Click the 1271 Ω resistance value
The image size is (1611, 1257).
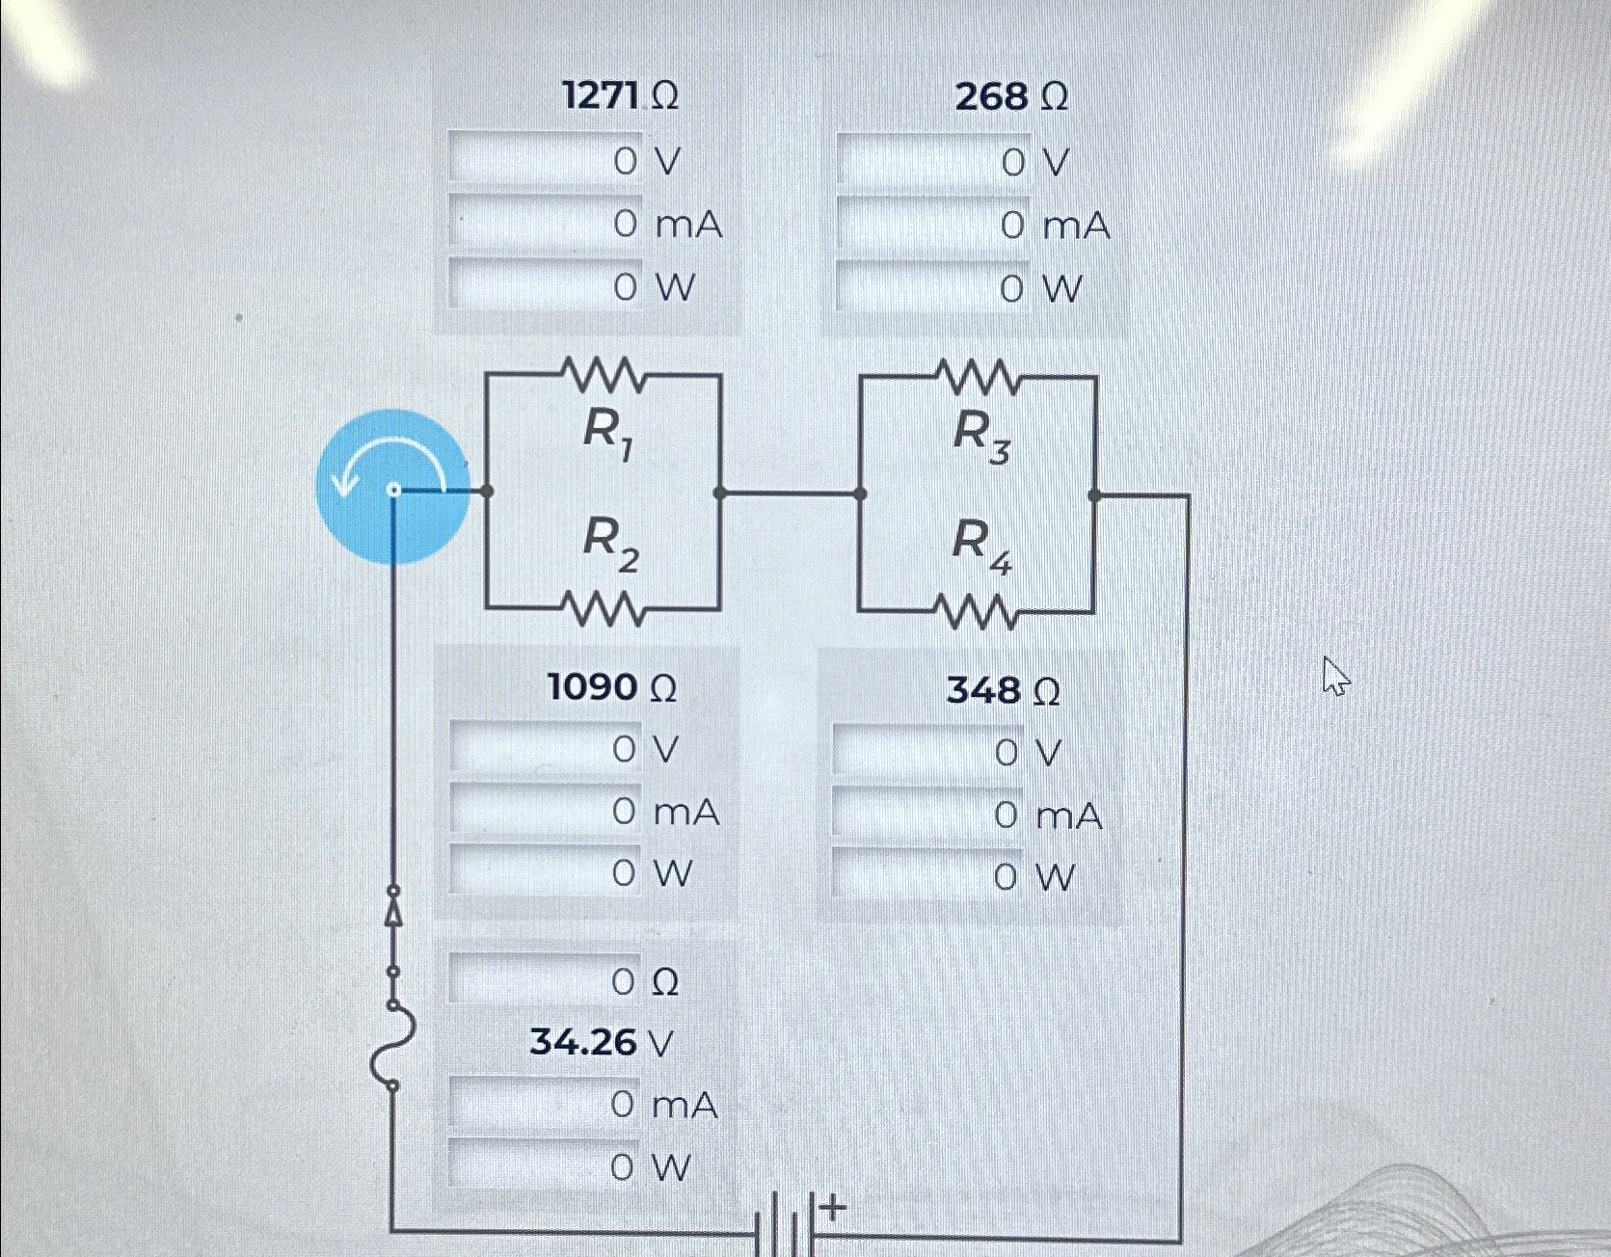coord(620,96)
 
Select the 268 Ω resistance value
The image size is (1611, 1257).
coord(1011,96)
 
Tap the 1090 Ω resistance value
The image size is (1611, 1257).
coord(611,687)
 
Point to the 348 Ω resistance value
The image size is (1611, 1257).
coord(1003,690)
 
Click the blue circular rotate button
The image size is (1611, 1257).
coord(393,487)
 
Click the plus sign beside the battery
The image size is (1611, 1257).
coord(834,1206)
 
